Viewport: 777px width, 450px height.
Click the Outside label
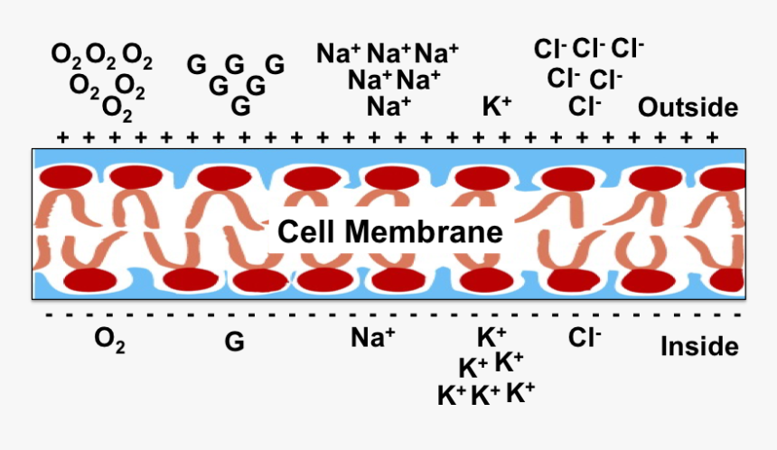tap(688, 108)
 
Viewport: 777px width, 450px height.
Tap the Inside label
tap(699, 346)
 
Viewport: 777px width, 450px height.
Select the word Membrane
tap(421, 232)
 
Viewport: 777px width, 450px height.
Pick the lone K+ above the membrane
tap(497, 107)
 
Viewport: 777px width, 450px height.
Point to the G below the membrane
tap(234, 342)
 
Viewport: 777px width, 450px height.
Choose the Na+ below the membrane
tap(373, 337)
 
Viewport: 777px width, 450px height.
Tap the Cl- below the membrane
tap(585, 337)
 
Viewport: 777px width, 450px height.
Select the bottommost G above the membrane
tap(240, 107)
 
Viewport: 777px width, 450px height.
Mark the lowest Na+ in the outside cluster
tap(389, 107)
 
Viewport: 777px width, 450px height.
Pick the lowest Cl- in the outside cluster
tap(585, 107)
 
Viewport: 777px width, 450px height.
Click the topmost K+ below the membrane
tap(491, 337)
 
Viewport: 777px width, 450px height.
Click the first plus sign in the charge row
tap(62, 137)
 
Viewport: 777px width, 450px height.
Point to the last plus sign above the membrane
tap(713, 137)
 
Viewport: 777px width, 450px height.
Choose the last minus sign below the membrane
tap(738, 315)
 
